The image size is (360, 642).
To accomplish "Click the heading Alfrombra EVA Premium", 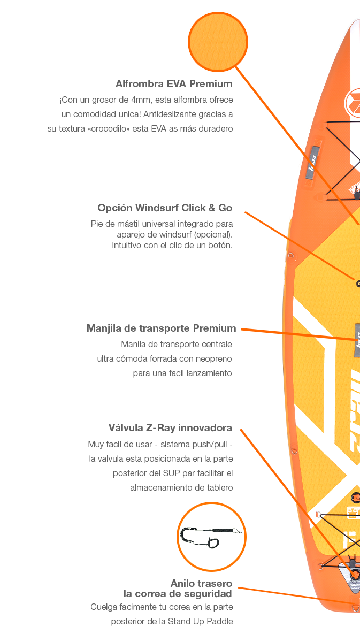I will coord(174,84).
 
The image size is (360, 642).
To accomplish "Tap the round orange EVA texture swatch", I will coord(217,42).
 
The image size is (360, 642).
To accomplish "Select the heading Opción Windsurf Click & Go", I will coord(165,208).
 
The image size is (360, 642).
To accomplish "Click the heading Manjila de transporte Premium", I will coord(161,328).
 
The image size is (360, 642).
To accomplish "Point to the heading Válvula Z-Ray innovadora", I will coord(170,428).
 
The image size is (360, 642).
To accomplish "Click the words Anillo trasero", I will coord(201,584).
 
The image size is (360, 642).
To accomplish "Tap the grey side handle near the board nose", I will coord(314,170).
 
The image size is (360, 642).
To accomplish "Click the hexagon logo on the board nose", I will coord(354,102).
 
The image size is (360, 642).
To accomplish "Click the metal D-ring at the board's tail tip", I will coord(356,607).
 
